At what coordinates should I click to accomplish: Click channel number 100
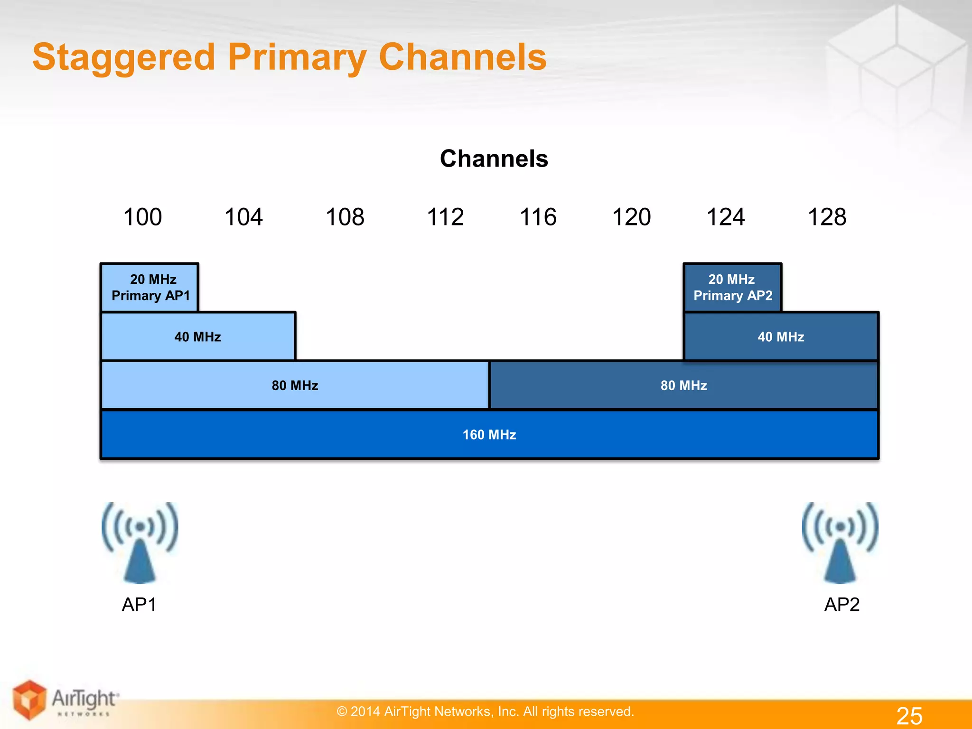(142, 217)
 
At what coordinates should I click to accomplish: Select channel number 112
(445, 217)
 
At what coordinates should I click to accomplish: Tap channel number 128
(827, 217)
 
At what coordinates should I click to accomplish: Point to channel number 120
(631, 217)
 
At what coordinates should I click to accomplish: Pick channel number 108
(345, 217)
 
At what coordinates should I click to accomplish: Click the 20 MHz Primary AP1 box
(150, 288)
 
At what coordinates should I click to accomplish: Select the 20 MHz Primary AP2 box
(732, 288)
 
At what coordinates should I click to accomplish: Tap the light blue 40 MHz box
(198, 336)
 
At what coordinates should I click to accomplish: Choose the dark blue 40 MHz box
(781, 336)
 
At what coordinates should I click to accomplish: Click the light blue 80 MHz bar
(295, 385)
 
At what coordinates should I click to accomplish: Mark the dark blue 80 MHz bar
(683, 385)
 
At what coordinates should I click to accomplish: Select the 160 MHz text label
(489, 435)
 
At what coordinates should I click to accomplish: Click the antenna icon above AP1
(140, 542)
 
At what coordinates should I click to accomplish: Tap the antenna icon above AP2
(840, 542)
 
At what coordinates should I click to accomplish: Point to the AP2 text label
(841, 605)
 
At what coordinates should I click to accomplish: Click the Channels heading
(494, 159)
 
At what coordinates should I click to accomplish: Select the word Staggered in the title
(124, 57)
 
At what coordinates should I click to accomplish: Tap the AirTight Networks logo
(64, 701)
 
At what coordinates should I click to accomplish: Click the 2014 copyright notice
(485, 711)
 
